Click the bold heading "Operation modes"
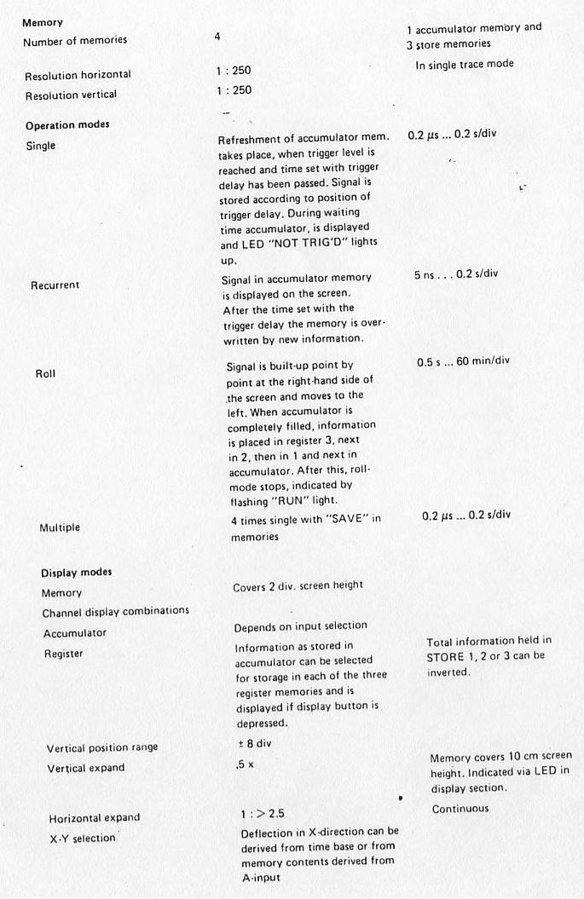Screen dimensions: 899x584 [x=67, y=125]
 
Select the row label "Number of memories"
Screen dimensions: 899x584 [x=75, y=41]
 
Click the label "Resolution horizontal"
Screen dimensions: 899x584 [x=78, y=76]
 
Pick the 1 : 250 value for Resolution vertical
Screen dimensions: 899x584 [x=234, y=89]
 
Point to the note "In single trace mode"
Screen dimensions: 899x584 [x=465, y=64]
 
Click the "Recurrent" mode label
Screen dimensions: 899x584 [x=55, y=285]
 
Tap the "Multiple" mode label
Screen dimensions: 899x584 [x=60, y=527]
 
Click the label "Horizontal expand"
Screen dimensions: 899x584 [x=94, y=818]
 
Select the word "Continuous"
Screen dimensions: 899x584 [x=460, y=808]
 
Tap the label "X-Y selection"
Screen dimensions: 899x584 [x=82, y=838]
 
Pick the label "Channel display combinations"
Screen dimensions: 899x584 [x=115, y=612]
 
